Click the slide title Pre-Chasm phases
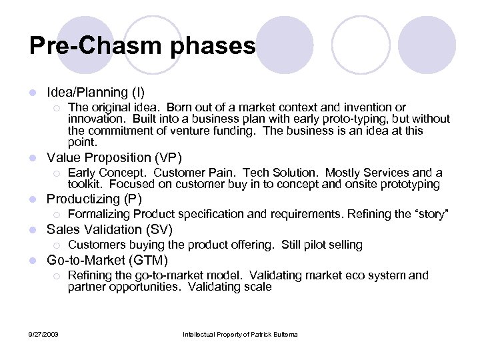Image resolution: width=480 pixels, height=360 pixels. [142, 45]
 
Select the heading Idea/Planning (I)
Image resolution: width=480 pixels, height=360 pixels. [95, 92]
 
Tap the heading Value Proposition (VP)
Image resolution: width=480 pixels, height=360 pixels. [113, 157]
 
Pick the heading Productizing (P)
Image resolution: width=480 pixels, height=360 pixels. [94, 199]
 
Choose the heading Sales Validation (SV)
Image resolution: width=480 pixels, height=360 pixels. [109, 229]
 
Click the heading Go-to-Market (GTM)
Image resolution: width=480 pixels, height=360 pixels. [107, 260]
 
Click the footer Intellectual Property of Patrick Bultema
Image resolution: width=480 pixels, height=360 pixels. [239, 333]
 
